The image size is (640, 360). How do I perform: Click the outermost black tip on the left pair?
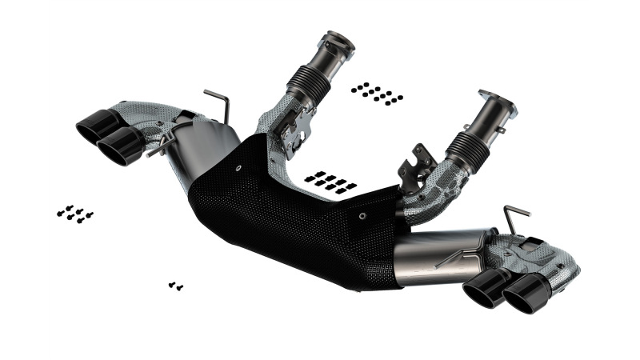point(94,126)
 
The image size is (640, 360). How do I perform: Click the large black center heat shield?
point(296,216)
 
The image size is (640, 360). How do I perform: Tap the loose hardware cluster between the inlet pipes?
point(376,93)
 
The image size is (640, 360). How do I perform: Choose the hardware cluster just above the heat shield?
point(330,182)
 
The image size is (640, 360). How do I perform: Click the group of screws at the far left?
point(75,214)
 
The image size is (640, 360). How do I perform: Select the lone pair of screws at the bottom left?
point(176,285)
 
